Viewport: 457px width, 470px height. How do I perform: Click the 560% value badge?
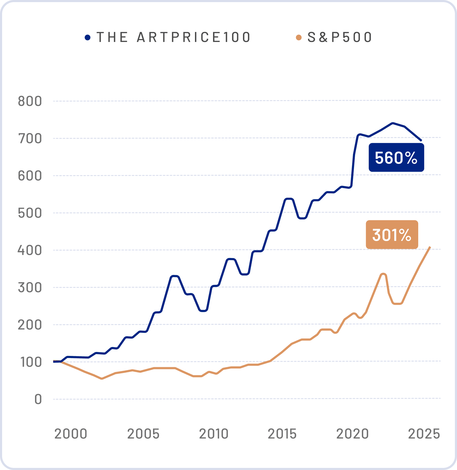pos(396,158)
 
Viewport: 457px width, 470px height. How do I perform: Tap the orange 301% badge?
pos(392,234)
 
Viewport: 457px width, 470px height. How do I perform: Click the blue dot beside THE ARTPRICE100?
pos(88,38)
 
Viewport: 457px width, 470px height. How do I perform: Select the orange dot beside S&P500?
pos(298,38)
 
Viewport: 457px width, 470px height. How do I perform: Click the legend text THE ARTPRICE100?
pos(174,37)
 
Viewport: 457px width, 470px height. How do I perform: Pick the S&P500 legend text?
pos(340,37)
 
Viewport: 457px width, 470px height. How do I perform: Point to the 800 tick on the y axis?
pos(30,101)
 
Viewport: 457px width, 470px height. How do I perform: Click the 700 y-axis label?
pos(30,138)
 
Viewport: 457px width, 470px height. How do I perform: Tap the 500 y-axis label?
pos(30,213)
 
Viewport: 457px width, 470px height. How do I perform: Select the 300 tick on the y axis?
pos(30,288)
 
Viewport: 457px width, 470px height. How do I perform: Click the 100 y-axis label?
pos(31,362)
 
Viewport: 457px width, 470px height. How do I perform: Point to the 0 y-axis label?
pos(38,399)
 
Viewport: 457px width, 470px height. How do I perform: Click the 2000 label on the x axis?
pos(71,434)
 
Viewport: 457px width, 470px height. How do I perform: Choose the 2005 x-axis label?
pos(143,434)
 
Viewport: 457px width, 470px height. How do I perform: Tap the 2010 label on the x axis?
pos(214,434)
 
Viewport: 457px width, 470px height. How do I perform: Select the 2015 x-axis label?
pos(282,434)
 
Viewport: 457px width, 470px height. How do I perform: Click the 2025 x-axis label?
pos(424,434)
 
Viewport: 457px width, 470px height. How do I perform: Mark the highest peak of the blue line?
pos(392,123)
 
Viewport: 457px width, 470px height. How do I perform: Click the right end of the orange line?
pos(430,247)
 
